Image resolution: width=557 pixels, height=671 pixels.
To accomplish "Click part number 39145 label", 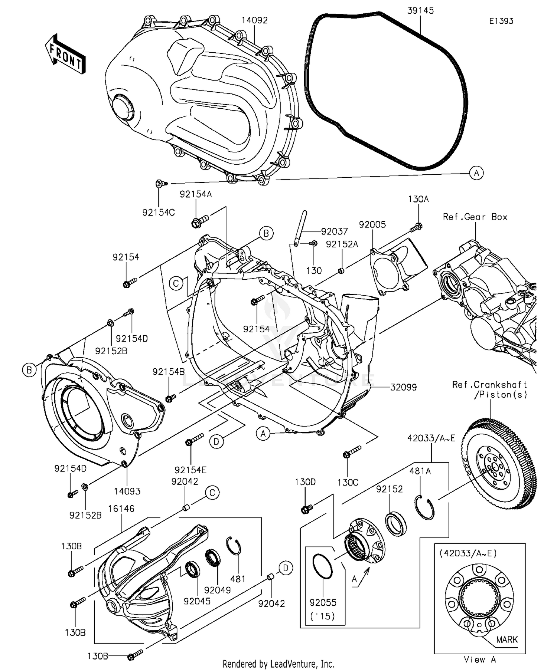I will pyautogui.click(x=420, y=11).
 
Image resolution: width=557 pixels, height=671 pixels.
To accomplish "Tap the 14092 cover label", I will pyautogui.click(x=254, y=20).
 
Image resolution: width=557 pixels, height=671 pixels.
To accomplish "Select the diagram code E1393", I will pyautogui.click(x=501, y=21).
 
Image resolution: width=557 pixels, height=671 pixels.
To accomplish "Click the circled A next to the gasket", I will pyautogui.click(x=476, y=173).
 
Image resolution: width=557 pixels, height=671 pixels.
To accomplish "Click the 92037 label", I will pyautogui.click(x=335, y=231).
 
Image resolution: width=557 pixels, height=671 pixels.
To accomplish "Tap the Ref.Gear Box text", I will pyautogui.click(x=475, y=217).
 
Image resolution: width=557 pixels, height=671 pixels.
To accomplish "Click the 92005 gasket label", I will pyautogui.click(x=372, y=224).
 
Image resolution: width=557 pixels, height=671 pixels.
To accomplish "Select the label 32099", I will pyautogui.click(x=403, y=387).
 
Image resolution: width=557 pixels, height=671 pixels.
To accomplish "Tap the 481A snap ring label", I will pyautogui.click(x=420, y=471).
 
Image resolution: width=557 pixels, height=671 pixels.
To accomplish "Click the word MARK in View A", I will pyautogui.click(x=506, y=640).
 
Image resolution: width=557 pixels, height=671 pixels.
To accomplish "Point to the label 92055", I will pyautogui.click(x=323, y=603).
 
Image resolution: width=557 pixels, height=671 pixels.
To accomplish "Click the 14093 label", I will pyautogui.click(x=127, y=491).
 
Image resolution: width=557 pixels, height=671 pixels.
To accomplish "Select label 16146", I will pyautogui.click(x=121, y=509).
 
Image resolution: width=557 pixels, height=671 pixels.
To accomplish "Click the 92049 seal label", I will pyautogui.click(x=218, y=590).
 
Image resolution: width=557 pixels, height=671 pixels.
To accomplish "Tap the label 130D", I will pyautogui.click(x=305, y=482).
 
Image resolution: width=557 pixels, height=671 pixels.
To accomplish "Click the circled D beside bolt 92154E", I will pyautogui.click(x=216, y=441).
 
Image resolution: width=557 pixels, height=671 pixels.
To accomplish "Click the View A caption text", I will pyautogui.click(x=480, y=660).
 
